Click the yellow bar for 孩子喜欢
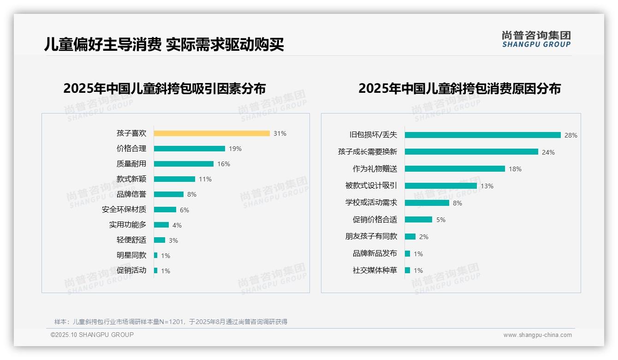coord(212,133)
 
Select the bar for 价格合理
coord(189,149)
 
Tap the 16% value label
coord(224,164)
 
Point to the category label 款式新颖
coord(131,179)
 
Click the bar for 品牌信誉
coord(168,194)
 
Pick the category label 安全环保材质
coord(124,210)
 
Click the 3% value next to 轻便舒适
coord(173,240)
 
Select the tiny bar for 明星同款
coord(156,255)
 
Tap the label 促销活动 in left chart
coord(131,270)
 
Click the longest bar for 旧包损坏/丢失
coord(482,135)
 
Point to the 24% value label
coord(548,152)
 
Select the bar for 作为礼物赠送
coord(455,169)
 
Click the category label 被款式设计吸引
coord(371,186)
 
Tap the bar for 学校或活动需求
coord(427,203)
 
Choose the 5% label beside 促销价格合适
coord(441,220)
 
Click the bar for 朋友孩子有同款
coord(410,236)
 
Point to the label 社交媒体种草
coord(375,270)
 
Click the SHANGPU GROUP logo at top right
coord(536,39)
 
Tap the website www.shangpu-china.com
coord(537,335)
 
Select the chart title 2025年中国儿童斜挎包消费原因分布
coord(459,89)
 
